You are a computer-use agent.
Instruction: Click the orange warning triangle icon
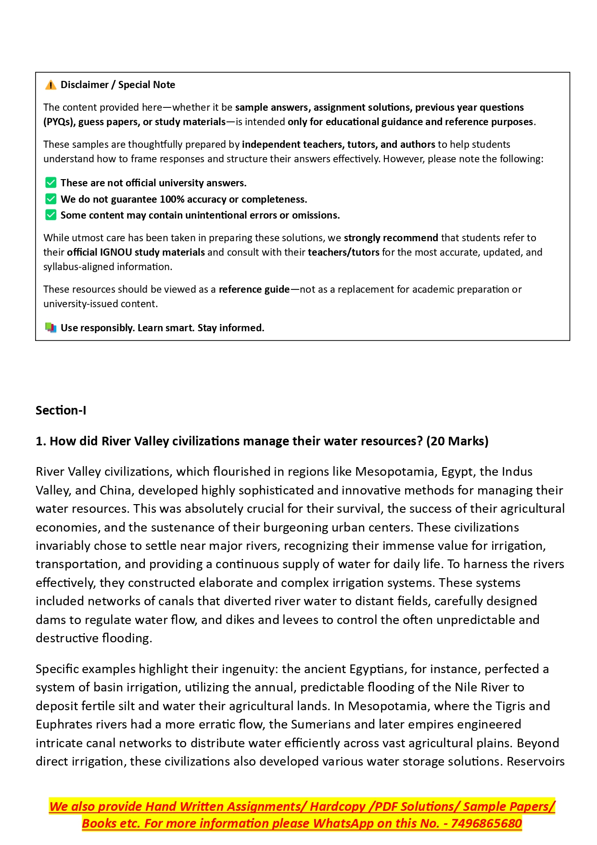51,85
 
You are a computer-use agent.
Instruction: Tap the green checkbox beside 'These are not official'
51,183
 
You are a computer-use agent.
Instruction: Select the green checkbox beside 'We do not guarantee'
51,199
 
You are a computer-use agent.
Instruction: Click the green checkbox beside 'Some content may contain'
51,215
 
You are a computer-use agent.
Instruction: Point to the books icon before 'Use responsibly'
51,328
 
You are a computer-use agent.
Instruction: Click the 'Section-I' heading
61,410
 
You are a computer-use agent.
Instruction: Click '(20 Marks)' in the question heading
457,441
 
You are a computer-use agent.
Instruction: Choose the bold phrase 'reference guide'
254,289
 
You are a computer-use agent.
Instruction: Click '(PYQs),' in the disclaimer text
60,122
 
